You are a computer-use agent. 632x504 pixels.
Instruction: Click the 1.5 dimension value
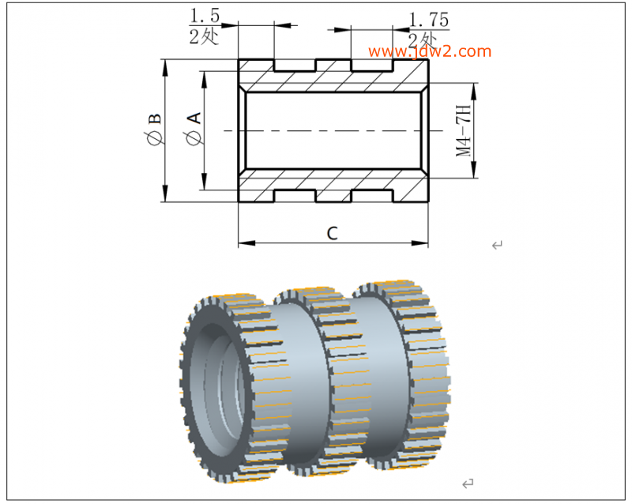tap(205, 16)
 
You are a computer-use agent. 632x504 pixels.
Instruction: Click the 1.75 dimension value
tap(429, 20)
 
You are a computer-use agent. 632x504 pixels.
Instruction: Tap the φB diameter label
tap(154, 129)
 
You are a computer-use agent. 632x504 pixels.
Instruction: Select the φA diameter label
tap(193, 129)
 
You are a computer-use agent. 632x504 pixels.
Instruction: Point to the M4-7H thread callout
tap(463, 130)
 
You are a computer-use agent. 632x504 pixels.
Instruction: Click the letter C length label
tap(332, 234)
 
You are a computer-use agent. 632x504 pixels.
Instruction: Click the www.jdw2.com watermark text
tap(430, 51)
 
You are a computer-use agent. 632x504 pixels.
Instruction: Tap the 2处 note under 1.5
tap(204, 37)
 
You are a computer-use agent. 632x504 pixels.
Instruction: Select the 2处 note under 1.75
tap(422, 40)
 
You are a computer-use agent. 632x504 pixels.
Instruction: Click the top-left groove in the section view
tap(295, 66)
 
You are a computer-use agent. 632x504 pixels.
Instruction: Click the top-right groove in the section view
tap(371, 66)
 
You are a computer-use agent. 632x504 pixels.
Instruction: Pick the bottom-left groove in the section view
tap(295, 196)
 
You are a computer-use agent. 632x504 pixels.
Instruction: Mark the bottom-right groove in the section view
tap(371, 196)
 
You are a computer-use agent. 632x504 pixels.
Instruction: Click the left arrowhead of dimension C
tap(246, 243)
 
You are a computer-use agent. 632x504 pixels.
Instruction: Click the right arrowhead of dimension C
tap(419, 243)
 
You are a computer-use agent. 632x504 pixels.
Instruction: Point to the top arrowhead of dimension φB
tap(164, 68)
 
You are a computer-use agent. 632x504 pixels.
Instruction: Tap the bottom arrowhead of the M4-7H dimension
tap(473, 170)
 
